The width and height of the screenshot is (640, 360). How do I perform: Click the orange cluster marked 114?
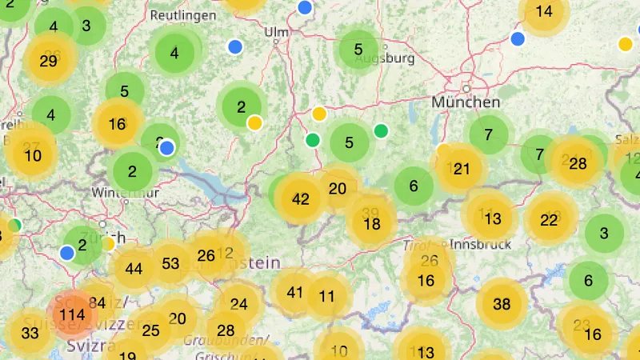[72, 315]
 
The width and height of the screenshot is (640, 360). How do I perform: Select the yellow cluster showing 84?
[97, 302]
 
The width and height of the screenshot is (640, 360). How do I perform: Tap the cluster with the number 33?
[30, 334]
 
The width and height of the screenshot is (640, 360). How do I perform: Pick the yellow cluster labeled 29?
[48, 61]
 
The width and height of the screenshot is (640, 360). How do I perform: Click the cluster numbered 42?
[301, 199]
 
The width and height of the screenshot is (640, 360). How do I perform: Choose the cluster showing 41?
[295, 292]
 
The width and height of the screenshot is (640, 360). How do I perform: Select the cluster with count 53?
[170, 263]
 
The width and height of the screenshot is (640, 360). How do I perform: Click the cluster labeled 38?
[502, 304]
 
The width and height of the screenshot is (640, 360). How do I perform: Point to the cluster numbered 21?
[462, 169]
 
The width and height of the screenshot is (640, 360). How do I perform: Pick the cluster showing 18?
[372, 225]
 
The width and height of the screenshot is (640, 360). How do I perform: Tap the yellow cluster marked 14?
[544, 11]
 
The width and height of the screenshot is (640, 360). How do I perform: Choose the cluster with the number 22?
[549, 220]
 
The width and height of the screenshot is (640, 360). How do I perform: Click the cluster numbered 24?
[238, 304]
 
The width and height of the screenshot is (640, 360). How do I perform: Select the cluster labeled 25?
[150, 330]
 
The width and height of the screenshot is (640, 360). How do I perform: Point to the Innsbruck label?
[480, 245]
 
